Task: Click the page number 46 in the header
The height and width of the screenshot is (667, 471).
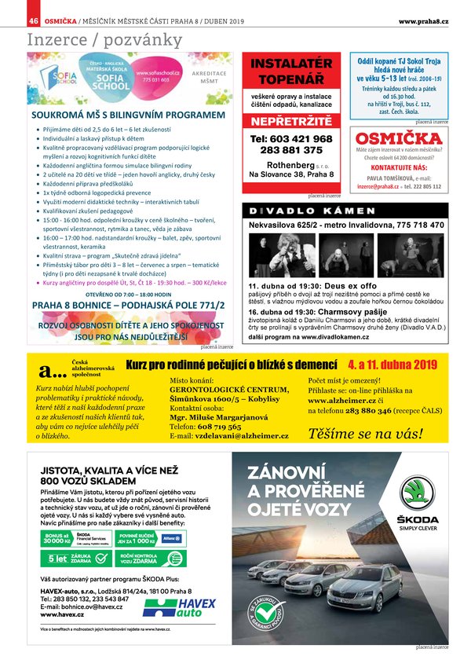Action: [33, 20]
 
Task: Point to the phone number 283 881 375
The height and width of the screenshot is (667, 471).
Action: [291, 150]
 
